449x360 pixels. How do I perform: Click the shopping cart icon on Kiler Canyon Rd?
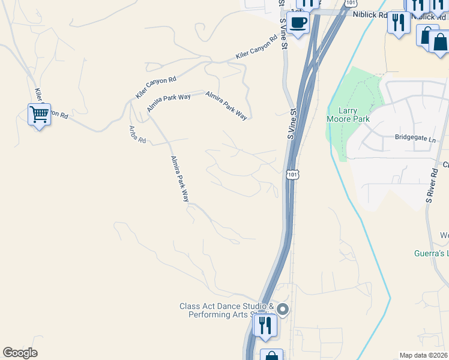click(x=39, y=114)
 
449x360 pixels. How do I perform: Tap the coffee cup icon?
click(x=298, y=23)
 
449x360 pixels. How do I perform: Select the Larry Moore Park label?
click(x=348, y=115)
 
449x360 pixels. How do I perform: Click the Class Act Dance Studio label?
click(x=226, y=310)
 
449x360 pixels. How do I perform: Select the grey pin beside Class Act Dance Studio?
click(x=283, y=310)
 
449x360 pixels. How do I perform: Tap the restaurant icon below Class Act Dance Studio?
click(x=264, y=325)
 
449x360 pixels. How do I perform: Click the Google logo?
click(x=20, y=353)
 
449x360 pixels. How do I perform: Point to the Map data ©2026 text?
click(x=423, y=355)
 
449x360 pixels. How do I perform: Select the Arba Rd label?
click(x=137, y=134)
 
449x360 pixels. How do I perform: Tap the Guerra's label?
click(x=431, y=254)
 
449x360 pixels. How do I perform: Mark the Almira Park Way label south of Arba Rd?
click(x=179, y=178)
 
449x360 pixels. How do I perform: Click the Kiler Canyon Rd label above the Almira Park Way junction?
click(x=156, y=88)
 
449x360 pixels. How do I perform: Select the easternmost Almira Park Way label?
click(x=226, y=106)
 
